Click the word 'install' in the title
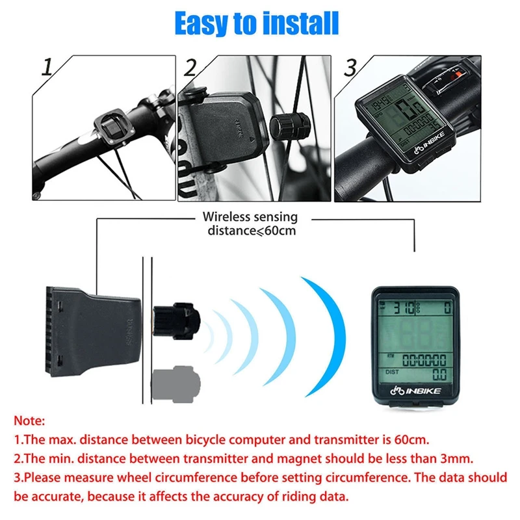tap(300, 23)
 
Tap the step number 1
tap(46, 67)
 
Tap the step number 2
tap(191, 67)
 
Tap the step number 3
tap(350, 67)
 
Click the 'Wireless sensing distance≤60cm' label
tap(250, 223)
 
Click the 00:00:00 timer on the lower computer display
tap(424, 360)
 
